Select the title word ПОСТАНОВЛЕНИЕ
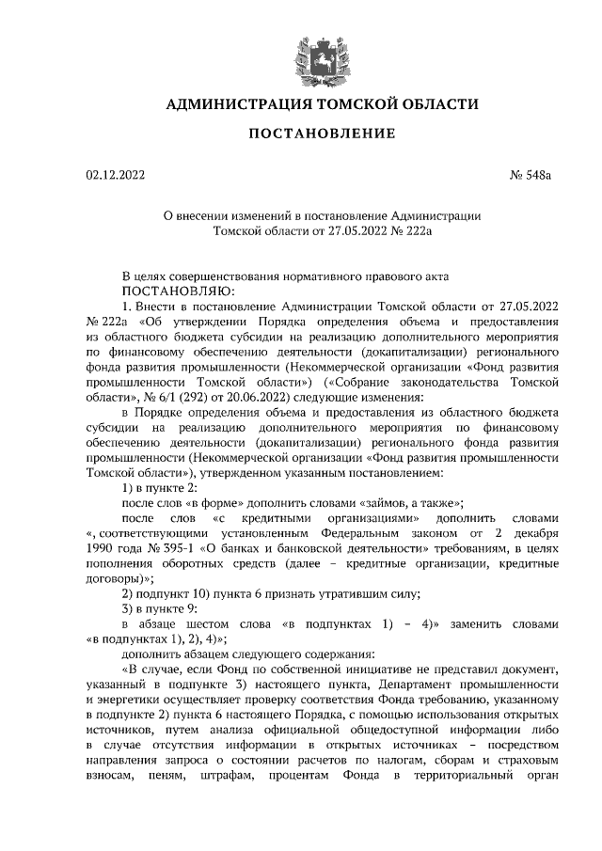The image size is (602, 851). (315, 134)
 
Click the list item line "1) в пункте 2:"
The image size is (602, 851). (160, 487)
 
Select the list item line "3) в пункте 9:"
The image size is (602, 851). (160, 607)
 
